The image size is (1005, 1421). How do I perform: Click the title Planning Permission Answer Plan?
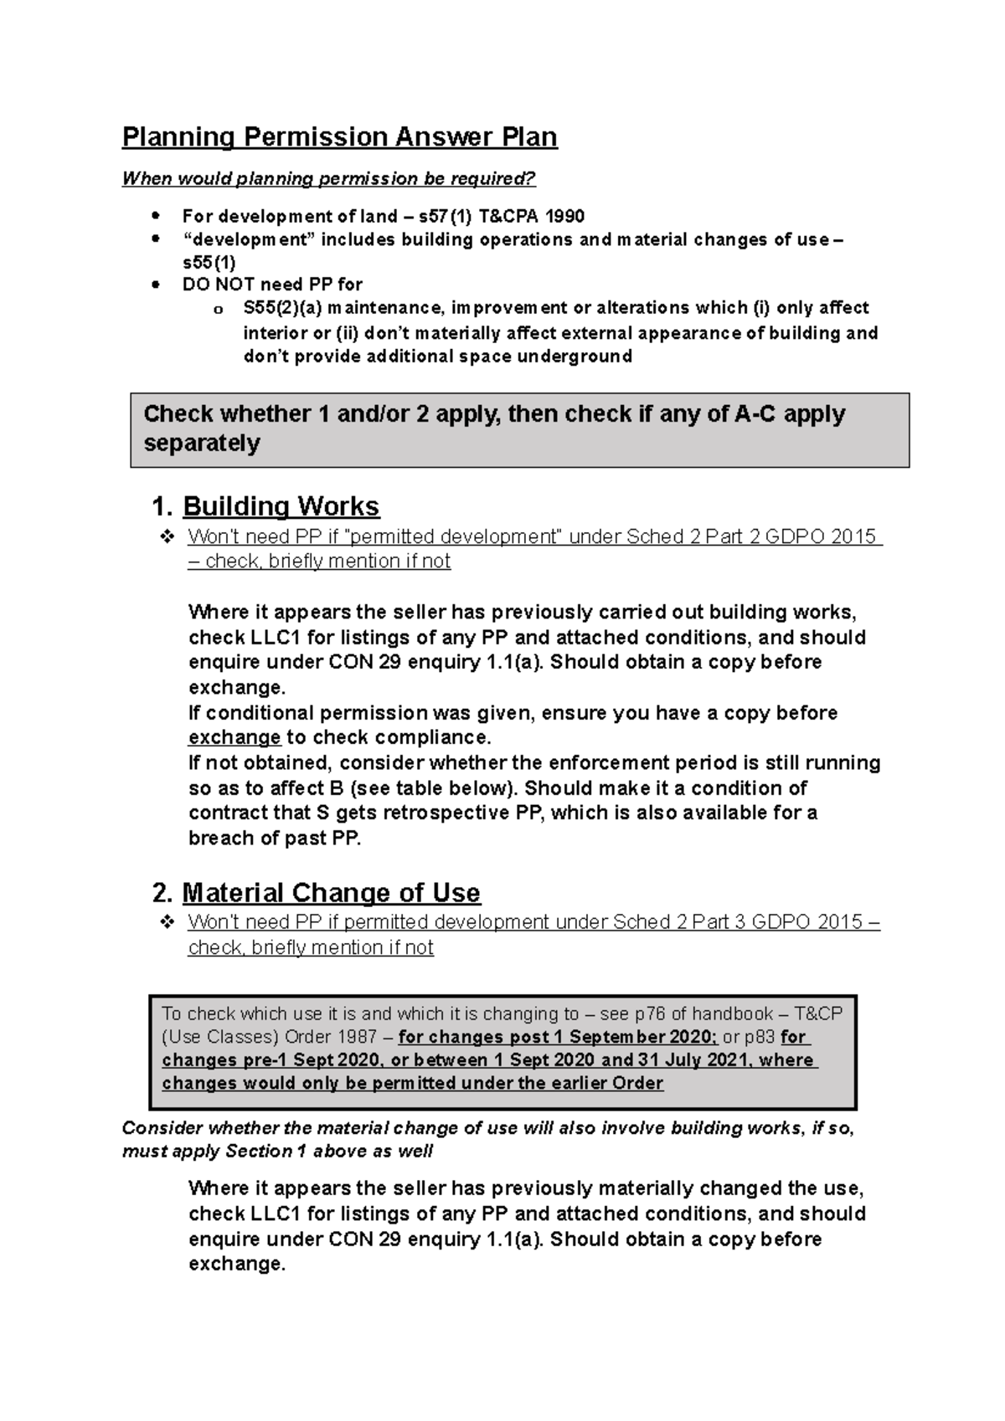pyautogui.click(x=339, y=137)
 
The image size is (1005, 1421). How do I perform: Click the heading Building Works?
pyautogui.click(x=281, y=506)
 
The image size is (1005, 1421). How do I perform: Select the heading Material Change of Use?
pyautogui.click(x=331, y=893)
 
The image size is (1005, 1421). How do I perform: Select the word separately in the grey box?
pyautogui.click(x=202, y=444)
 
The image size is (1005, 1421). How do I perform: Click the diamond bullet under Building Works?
pyautogui.click(x=167, y=536)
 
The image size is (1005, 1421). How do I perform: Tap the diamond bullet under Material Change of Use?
pyautogui.click(x=167, y=922)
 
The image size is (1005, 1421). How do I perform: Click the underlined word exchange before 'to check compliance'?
pyautogui.click(x=234, y=738)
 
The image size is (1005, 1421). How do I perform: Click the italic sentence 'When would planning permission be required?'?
pyautogui.click(x=328, y=179)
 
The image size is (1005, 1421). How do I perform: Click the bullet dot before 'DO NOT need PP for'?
pyautogui.click(x=155, y=285)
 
